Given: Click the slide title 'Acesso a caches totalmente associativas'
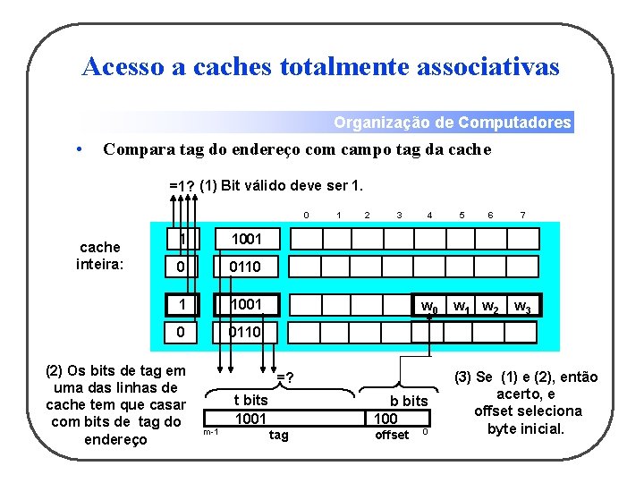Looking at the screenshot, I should pyautogui.click(x=320, y=66).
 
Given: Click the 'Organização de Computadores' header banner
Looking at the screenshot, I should pyautogui.click(x=452, y=123).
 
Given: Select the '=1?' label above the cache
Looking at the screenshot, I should pyautogui.click(x=182, y=186).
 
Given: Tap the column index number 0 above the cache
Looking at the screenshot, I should pyautogui.click(x=306, y=215).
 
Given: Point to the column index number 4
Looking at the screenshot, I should pyautogui.click(x=430, y=215).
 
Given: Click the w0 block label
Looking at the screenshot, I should pyautogui.click(x=430, y=307).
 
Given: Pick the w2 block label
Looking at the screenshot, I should pyautogui.click(x=490, y=307).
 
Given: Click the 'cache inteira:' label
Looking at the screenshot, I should pyautogui.click(x=99, y=255).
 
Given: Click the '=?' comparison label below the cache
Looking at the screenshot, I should pyautogui.click(x=285, y=378).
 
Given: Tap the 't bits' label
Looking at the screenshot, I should pyautogui.click(x=250, y=400).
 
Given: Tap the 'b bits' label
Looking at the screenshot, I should pyautogui.click(x=409, y=400).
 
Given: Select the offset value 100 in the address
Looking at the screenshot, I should pyautogui.click(x=386, y=418).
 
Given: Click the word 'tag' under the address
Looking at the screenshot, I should pyautogui.click(x=279, y=435).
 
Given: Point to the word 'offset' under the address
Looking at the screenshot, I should pyautogui.click(x=392, y=435).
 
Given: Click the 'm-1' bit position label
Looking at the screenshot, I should pyautogui.click(x=210, y=432).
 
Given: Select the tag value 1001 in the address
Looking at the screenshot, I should pyautogui.click(x=250, y=418).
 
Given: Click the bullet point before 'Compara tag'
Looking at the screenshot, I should pyautogui.click(x=80, y=149).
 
